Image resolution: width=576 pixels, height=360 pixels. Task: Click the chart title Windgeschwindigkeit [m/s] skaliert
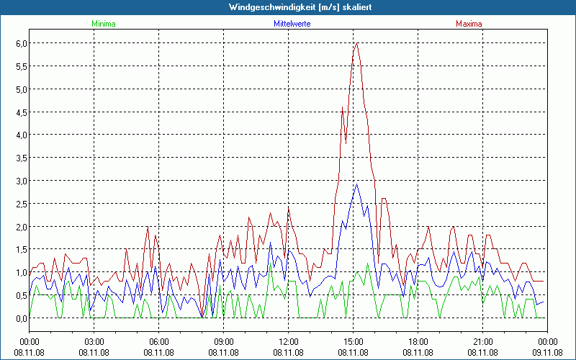pos(287,6)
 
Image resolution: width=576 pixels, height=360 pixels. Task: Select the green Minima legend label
pos(104,24)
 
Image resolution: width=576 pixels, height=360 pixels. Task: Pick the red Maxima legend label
pos(468,24)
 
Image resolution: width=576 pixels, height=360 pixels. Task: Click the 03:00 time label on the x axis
pos(94,341)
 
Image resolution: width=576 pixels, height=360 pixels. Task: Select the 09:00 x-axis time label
pos(223,341)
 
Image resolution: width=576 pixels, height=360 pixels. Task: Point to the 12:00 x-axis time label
pos(288,341)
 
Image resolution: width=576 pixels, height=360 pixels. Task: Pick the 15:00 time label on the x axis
pos(353,341)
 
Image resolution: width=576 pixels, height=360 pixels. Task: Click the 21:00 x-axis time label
pos(482,341)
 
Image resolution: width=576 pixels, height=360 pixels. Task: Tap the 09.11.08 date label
pos(546,352)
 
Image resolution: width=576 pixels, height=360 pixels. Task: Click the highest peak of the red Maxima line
pos(356,43)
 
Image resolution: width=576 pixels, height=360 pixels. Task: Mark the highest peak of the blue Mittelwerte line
pos(356,184)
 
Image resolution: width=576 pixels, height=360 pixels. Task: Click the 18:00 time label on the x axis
pos(418,341)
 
